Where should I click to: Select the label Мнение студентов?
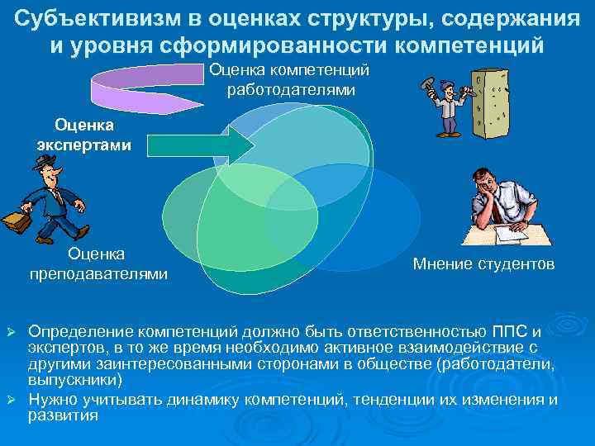pyautogui.click(x=483, y=264)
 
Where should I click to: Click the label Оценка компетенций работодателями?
pyautogui.click(x=293, y=79)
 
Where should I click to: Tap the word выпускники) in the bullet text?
pyautogui.click(x=75, y=380)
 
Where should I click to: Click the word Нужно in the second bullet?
pyautogui.click(x=52, y=400)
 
